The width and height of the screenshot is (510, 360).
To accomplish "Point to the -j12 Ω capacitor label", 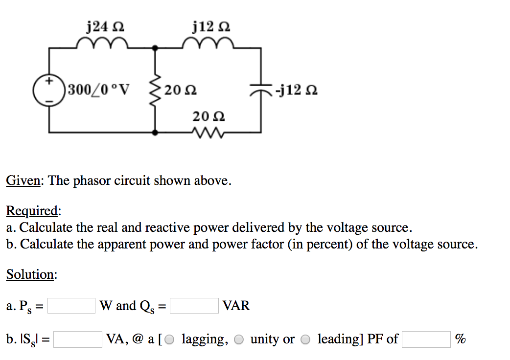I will [296, 90].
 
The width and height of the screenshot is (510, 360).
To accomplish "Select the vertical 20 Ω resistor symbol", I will [156, 90].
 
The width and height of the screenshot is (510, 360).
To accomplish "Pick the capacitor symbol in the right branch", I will [260, 90].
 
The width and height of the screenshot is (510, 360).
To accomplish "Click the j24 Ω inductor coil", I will [102, 45].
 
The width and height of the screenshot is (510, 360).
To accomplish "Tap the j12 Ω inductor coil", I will [209, 45].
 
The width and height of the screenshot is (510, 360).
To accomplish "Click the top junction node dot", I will [156, 48].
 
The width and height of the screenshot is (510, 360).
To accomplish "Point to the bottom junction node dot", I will [156, 132].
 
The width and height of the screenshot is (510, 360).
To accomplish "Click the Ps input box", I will [71, 306].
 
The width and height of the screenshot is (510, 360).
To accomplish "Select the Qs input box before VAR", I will [194, 306].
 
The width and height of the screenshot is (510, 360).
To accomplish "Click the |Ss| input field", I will [78, 339].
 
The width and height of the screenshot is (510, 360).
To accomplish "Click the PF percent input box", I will [426, 339].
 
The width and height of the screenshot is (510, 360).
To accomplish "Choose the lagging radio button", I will [169, 339].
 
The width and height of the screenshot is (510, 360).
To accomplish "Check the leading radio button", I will [305, 339].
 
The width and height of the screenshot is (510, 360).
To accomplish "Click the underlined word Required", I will [32, 211].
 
